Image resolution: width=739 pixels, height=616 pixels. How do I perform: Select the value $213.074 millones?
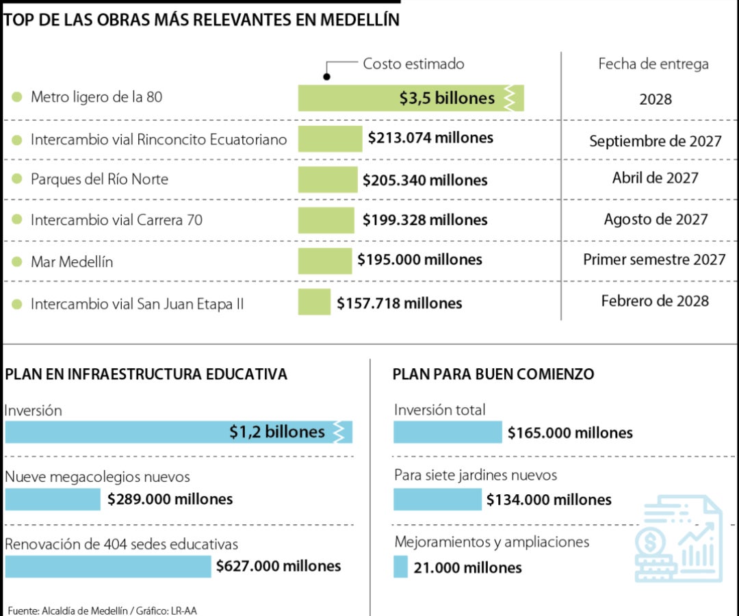[430, 138]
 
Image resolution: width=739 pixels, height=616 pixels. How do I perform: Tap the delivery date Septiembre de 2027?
[655, 141]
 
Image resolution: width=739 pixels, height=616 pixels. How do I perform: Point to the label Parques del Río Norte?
[99, 179]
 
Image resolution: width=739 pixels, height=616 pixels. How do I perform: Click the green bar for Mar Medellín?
[324, 261]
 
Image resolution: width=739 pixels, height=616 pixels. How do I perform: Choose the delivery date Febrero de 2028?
[655, 300]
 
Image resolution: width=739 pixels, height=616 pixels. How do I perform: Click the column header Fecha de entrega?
[653, 64]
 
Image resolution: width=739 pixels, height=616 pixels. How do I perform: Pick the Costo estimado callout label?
[413, 64]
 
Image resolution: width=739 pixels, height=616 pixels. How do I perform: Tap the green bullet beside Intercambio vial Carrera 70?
[17, 220]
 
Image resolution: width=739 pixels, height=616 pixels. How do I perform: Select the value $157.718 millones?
[399, 303]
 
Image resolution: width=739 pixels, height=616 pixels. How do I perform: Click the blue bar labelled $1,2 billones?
[178, 432]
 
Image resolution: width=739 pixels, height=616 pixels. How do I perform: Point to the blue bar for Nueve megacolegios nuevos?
[53, 500]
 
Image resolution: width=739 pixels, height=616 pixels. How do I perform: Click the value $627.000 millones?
[278, 566]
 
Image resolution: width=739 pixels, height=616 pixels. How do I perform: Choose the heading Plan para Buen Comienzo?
[493, 374]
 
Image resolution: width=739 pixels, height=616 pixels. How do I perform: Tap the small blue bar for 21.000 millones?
[400, 567]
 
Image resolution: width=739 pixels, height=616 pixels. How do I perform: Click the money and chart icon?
[678, 541]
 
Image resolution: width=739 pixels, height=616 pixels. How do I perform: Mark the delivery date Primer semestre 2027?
[654, 259]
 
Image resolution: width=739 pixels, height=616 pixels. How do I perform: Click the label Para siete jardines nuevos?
[476, 475]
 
